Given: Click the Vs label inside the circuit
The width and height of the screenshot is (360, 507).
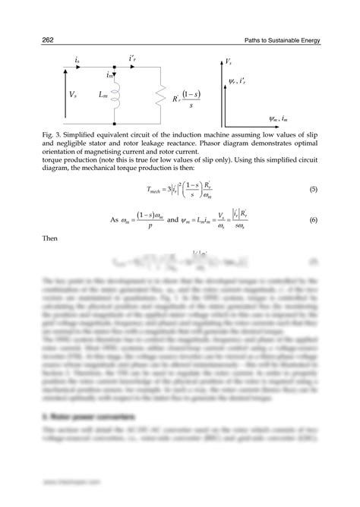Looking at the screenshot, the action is pos(72,96).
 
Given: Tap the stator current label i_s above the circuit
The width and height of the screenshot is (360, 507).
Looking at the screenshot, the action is pos(77,59).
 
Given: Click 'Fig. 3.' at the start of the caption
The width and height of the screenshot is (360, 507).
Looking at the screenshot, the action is pos(55,134).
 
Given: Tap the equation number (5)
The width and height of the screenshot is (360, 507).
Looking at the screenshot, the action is pos(311,189).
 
